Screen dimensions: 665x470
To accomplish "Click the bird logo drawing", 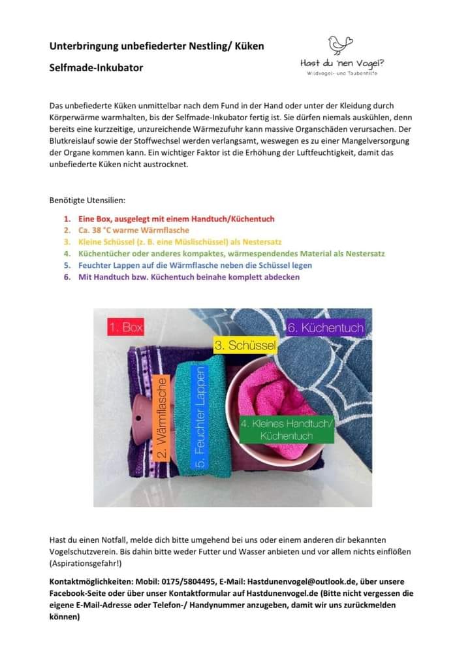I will (340, 44).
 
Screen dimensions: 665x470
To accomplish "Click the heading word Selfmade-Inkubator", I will (96, 67).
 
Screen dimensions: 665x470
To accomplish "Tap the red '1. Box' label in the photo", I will (125, 327).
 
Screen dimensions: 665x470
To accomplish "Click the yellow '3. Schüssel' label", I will (245, 345).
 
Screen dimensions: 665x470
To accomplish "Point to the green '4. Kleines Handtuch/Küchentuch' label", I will (287, 429).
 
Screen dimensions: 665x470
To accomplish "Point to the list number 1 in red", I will (67, 219).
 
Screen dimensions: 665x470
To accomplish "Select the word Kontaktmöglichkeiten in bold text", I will (91, 581).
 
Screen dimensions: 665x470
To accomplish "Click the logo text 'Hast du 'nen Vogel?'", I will (342, 63).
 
